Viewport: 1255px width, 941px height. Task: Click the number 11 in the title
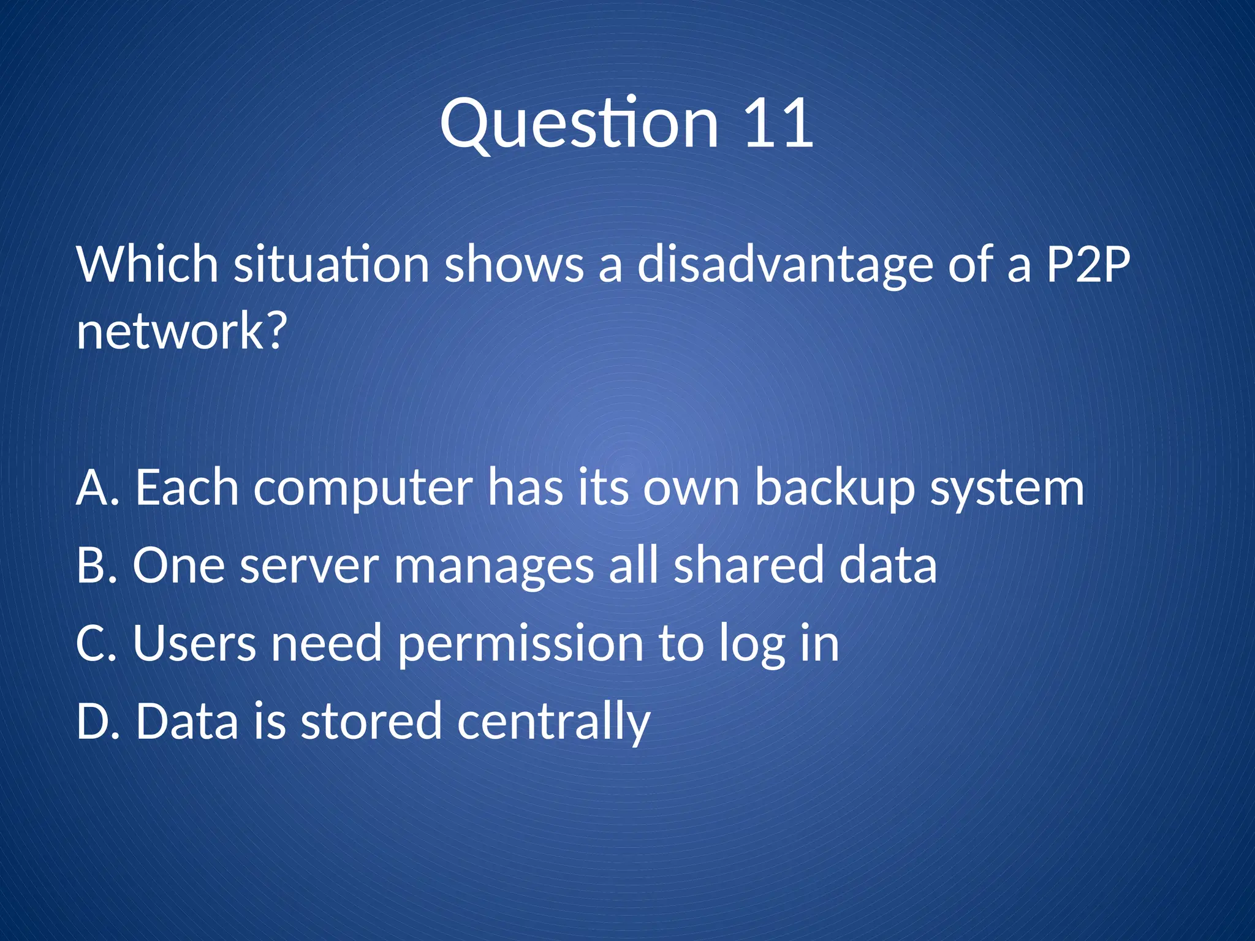point(778,124)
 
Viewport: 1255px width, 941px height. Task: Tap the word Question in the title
point(579,124)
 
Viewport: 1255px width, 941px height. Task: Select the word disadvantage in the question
point(784,265)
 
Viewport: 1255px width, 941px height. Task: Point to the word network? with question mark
point(181,331)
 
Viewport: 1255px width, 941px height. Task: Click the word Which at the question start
point(148,265)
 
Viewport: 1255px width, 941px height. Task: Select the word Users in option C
point(194,644)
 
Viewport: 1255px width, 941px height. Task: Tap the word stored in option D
point(371,722)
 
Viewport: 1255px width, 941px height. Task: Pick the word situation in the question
point(332,265)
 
